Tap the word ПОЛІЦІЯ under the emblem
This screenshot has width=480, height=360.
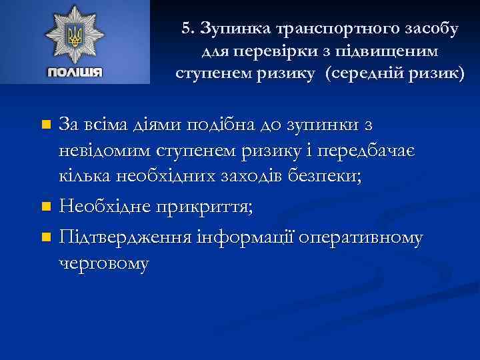(x=75, y=72)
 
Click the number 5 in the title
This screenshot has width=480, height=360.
(x=186, y=29)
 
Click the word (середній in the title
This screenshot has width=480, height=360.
(x=365, y=73)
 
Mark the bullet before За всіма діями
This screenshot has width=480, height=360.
(x=45, y=125)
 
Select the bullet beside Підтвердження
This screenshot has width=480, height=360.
(x=45, y=237)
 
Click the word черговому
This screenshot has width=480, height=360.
(x=105, y=263)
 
